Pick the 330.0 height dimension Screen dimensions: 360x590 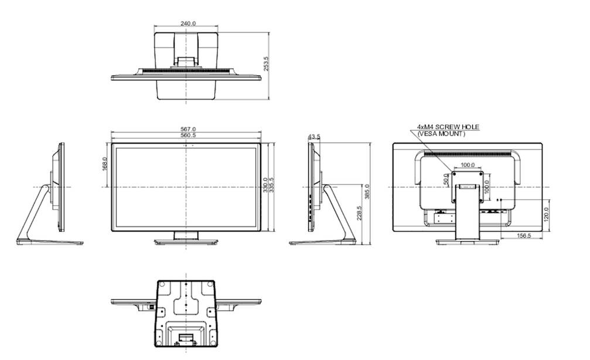coord(265,185)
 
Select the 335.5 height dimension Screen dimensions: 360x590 coord(271,185)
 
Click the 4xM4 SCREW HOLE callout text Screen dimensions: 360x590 coord(448,127)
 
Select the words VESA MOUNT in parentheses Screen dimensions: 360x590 coord(441,134)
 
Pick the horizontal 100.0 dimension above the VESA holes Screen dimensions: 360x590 coord(467,165)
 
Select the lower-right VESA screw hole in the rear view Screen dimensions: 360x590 coord(482,201)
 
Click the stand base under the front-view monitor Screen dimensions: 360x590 coord(186,241)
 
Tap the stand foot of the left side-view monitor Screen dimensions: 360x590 coord(47,242)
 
